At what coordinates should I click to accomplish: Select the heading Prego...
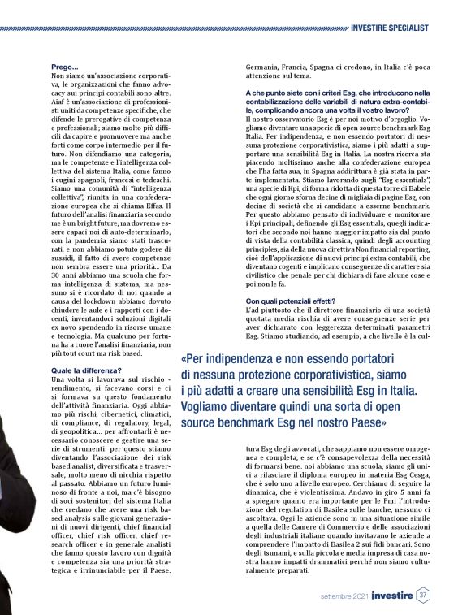65,67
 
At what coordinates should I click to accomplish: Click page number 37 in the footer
422,595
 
